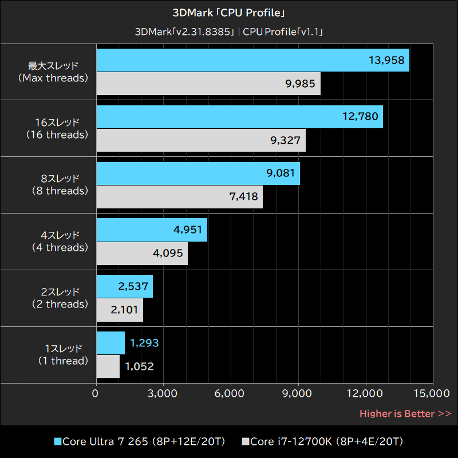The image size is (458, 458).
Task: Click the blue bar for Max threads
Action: pyautogui.click(x=252, y=60)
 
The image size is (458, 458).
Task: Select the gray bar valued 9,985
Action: pyautogui.click(x=208, y=84)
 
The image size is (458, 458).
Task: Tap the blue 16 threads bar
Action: pyautogui.click(x=239, y=117)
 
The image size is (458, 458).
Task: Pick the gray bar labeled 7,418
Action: pyautogui.click(x=179, y=197)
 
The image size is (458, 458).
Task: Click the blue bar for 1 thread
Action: pyautogui.click(x=110, y=343)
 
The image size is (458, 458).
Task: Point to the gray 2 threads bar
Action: pyautogui.click(x=120, y=310)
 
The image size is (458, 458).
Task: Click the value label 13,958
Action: pyautogui.click(x=387, y=60)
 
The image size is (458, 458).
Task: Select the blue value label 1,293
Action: pyautogui.click(x=144, y=343)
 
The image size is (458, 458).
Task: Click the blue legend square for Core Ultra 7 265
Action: pyautogui.click(x=57, y=441)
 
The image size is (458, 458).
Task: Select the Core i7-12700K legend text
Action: pyautogui.click(x=327, y=441)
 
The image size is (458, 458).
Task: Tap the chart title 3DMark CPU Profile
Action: pyautogui.click(x=229, y=13)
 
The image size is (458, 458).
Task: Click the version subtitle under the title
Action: pyautogui.click(x=229, y=31)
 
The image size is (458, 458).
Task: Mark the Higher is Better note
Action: pyautogui.click(x=405, y=413)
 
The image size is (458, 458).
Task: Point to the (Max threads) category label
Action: pyautogui.click(x=53, y=78)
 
